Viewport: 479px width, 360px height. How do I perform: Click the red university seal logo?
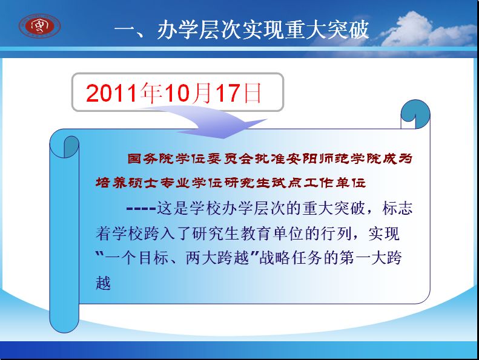click(40, 26)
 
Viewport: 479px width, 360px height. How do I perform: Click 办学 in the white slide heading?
click(178, 30)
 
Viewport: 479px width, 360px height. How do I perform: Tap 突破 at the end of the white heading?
click(348, 30)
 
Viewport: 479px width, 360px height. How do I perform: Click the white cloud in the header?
click(428, 30)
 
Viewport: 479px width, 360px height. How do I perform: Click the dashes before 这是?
click(141, 209)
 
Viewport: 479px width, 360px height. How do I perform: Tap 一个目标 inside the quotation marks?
click(136, 258)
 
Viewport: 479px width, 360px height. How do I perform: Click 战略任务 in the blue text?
click(291, 258)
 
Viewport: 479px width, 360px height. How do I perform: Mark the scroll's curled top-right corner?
click(415, 114)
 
